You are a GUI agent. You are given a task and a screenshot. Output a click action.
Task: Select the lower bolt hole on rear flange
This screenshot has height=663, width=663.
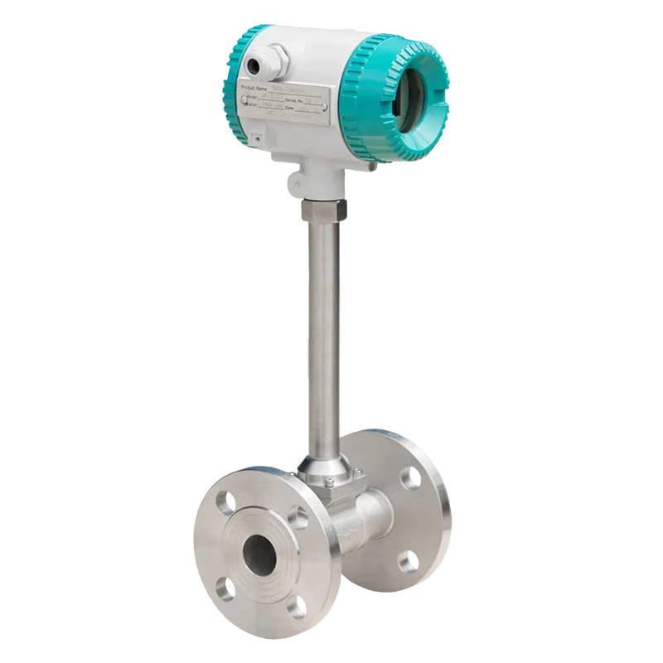tap(408, 564)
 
